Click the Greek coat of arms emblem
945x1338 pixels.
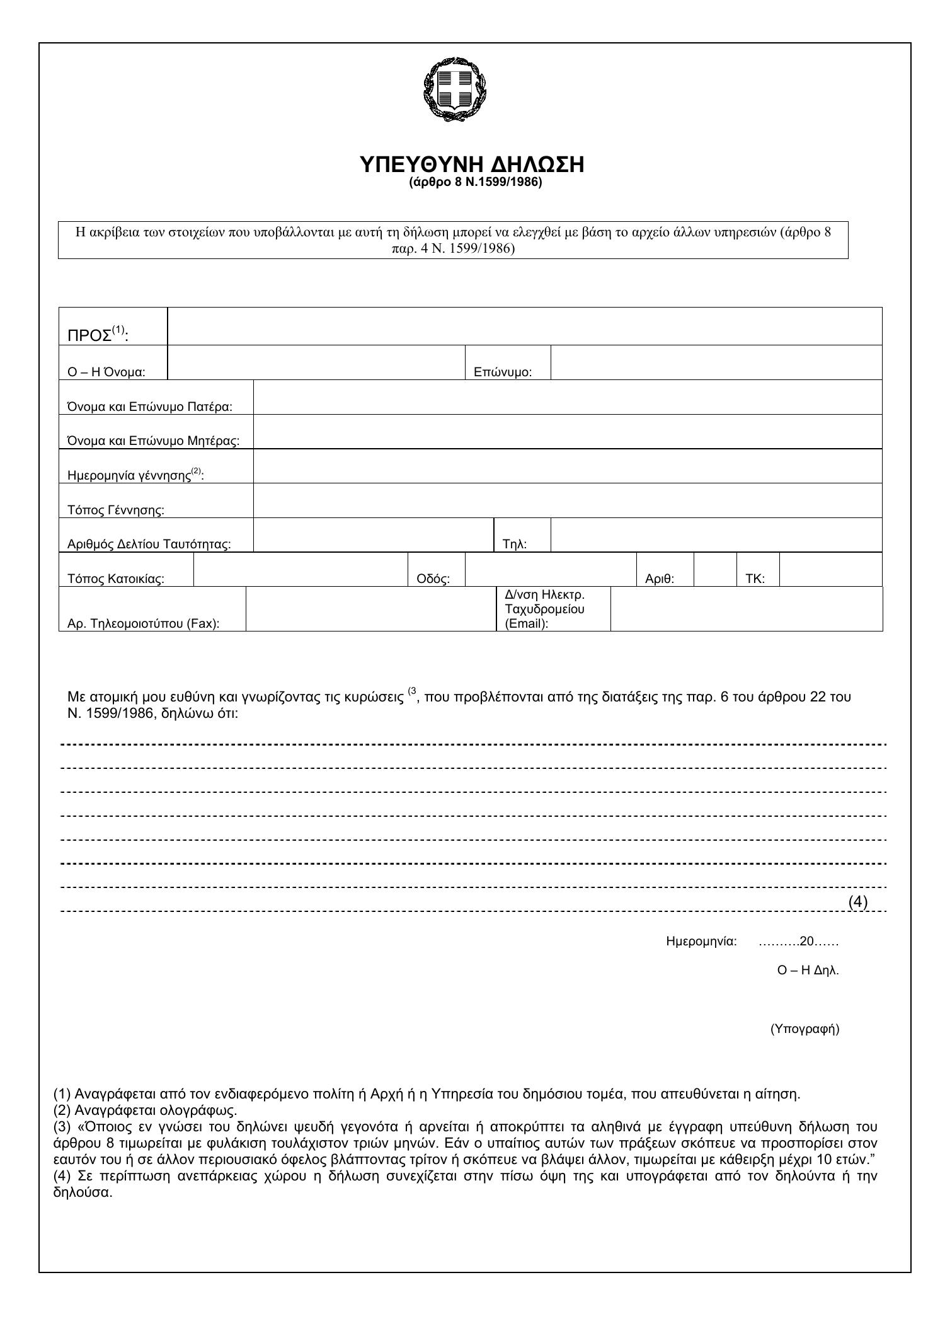click(455, 88)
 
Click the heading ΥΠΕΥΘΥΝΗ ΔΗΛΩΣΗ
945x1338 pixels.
click(472, 164)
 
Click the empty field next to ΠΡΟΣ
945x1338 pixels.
click(524, 326)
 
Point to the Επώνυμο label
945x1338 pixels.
click(502, 372)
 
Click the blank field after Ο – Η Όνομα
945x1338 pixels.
click(316, 363)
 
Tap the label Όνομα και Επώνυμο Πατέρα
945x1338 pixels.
click(149, 407)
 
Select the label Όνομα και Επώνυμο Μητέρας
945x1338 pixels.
click(153, 441)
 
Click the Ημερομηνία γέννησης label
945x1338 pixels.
click(135, 475)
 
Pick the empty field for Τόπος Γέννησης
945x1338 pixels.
click(567, 501)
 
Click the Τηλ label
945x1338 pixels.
click(514, 545)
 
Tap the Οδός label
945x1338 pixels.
click(433, 579)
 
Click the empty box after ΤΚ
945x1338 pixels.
click(830, 570)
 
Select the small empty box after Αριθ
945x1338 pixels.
click(715, 570)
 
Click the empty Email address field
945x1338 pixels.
click(746, 609)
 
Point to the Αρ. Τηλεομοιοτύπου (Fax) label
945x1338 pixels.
click(143, 624)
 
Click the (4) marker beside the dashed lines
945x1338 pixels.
click(857, 901)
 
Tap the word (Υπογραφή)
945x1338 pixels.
click(805, 1029)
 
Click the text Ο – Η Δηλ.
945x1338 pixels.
click(808, 971)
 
